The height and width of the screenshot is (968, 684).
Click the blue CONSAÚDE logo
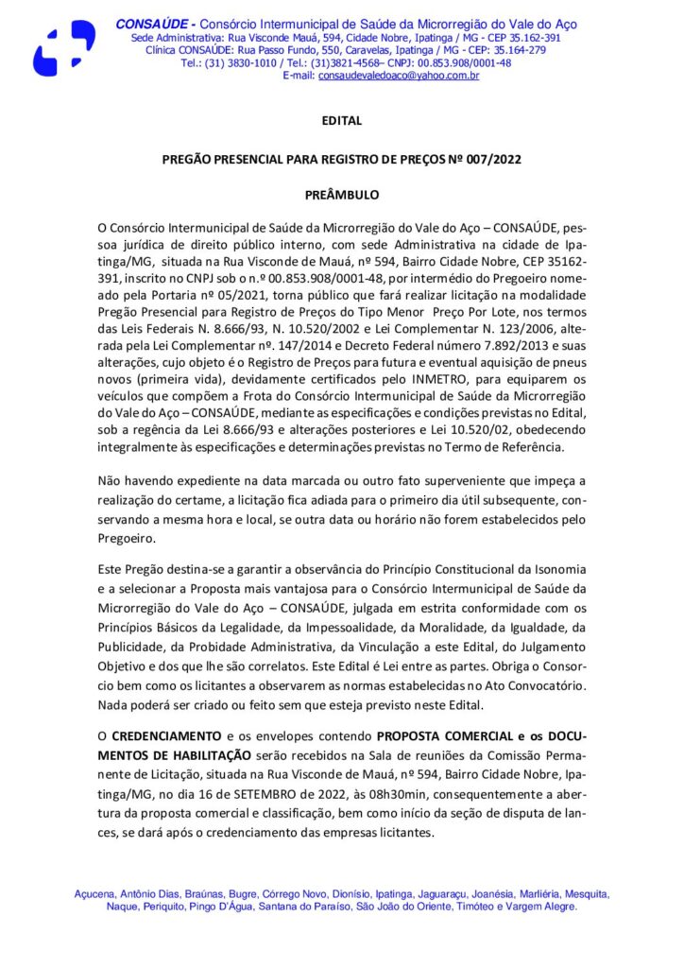[64, 48]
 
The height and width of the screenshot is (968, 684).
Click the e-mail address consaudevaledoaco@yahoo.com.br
[398, 75]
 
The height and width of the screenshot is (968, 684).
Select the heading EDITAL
[341, 121]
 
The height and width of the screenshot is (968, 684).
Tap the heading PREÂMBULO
[341, 195]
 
